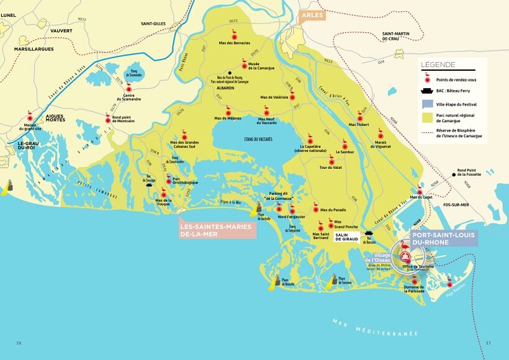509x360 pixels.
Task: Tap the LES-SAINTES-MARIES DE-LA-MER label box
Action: tap(215, 230)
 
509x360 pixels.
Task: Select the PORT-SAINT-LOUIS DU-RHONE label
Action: tap(444, 239)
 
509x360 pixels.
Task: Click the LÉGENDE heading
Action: tap(438, 65)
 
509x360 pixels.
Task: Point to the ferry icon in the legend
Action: tap(426, 91)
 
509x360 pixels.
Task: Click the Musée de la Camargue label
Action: tap(257, 66)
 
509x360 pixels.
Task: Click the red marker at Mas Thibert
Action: tap(359, 117)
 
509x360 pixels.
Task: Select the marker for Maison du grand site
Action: tap(29, 116)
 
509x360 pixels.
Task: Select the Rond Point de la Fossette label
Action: tap(469, 173)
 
